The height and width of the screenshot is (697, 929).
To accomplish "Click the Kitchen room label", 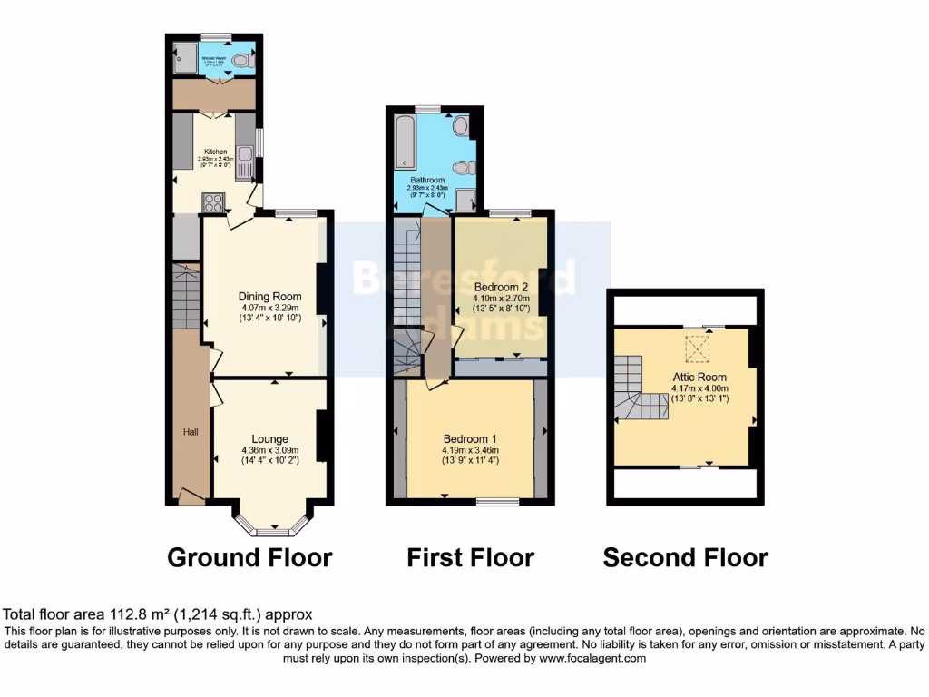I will [215, 152].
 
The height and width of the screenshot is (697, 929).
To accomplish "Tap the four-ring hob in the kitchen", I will [214, 202].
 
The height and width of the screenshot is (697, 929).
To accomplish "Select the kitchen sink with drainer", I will [245, 163].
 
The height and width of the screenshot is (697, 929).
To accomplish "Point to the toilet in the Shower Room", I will [240, 61].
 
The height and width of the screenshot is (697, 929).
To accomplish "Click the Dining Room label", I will [269, 296].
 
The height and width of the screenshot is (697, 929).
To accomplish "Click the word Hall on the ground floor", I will [191, 432].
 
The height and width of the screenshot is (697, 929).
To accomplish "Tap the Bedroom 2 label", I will [500, 288].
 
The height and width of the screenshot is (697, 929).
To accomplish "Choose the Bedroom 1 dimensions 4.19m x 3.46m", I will [470, 450].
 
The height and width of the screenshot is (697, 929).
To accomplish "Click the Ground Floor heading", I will [249, 557].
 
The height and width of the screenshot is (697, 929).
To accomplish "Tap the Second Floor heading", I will [685, 557].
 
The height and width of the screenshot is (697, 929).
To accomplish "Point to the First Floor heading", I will [470, 557].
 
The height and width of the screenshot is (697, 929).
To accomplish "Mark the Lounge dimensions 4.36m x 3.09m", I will [269, 450].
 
